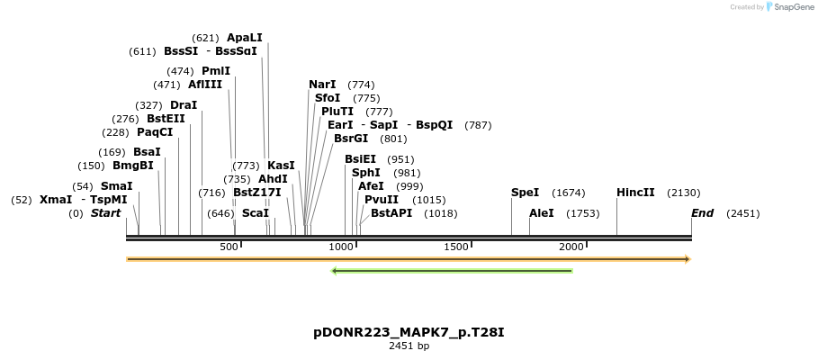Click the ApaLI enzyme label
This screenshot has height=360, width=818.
click(x=244, y=38)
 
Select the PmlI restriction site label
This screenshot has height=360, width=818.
click(x=216, y=71)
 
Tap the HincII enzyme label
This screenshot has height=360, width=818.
click(x=634, y=193)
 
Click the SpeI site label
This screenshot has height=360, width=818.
click(x=525, y=193)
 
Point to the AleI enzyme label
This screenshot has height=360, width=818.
click(x=542, y=213)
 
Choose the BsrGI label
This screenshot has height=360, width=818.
click(x=351, y=139)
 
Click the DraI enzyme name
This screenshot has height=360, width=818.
click(x=184, y=105)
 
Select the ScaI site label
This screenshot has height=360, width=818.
click(x=256, y=213)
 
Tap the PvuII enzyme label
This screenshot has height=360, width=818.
click(x=382, y=200)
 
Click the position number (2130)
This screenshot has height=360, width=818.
click(x=683, y=193)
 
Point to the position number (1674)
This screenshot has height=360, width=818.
click(x=569, y=193)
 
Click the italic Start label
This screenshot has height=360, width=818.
click(x=105, y=213)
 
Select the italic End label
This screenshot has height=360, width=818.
click(x=702, y=213)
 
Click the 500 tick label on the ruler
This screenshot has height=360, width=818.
click(x=229, y=247)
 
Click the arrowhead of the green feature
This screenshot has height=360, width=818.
click(x=335, y=270)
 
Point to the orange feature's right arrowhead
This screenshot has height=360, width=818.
click(x=687, y=259)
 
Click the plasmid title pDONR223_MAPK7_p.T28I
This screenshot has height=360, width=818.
click(x=409, y=332)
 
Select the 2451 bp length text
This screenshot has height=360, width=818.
click(x=409, y=346)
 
